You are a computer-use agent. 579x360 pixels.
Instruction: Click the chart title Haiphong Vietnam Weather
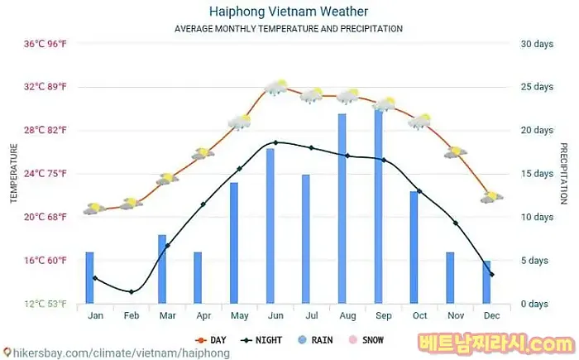tap(289, 12)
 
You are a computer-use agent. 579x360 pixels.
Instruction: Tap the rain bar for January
tap(89, 277)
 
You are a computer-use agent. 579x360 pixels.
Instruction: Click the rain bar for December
tap(486, 282)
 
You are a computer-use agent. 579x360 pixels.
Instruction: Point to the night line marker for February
tap(131, 291)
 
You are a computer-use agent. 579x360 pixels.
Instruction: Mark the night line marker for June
tap(275, 142)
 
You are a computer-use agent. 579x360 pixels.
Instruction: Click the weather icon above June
tap(275, 87)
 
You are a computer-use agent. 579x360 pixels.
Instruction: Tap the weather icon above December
tap(491, 197)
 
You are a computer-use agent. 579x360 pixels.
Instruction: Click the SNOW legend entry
tap(366, 339)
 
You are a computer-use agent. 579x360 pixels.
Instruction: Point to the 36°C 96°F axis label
tap(44, 44)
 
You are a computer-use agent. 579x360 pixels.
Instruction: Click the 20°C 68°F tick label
tap(44, 217)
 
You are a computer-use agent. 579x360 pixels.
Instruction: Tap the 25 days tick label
tap(537, 87)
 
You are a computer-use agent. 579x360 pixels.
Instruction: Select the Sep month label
tap(384, 315)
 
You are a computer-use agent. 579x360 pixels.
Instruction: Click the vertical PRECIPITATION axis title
tap(564, 173)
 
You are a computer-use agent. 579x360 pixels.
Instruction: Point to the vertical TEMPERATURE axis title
tap(13, 173)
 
